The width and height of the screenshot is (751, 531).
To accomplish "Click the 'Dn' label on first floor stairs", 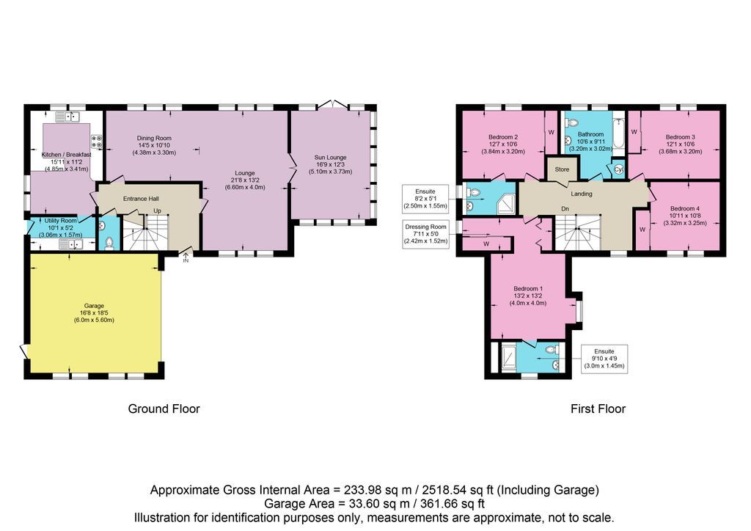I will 565,209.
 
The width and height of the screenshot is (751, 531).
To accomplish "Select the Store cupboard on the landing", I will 563,169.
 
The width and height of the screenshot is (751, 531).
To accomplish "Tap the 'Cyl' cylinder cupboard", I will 618,169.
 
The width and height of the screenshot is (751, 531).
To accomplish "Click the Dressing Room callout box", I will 426,234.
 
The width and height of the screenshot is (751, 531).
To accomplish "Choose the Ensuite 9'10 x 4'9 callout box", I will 604,358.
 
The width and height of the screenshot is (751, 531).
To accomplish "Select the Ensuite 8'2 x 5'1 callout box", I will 426,197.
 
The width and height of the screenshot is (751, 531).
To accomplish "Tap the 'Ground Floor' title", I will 164,409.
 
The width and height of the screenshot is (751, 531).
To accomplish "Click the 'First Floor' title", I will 598,409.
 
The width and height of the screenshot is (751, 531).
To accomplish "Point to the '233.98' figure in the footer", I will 359,490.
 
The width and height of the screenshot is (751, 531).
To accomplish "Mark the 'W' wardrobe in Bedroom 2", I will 551,133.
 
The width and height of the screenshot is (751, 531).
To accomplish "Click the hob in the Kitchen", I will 96,141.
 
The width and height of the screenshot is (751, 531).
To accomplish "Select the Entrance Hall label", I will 141,199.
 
